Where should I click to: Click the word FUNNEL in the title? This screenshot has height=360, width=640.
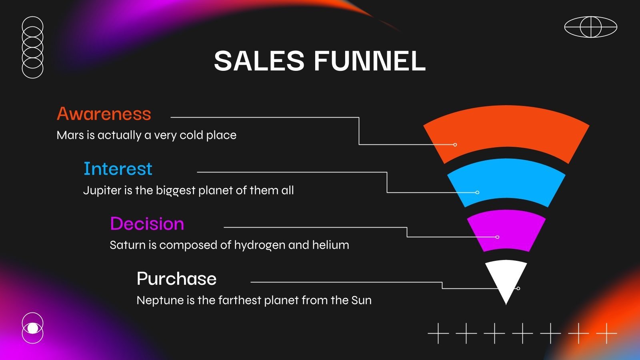[370, 61]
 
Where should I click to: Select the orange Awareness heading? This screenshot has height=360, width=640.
[104, 114]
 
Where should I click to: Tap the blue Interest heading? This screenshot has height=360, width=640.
[118, 169]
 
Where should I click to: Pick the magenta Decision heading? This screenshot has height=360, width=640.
[147, 224]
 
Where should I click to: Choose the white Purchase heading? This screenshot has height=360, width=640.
[176, 279]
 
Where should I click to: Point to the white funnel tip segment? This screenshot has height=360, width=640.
[506, 278]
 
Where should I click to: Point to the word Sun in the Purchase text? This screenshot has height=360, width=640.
[361, 300]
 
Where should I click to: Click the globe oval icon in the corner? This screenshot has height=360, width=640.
[590, 27]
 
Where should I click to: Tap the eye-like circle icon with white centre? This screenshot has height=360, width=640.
[33, 328]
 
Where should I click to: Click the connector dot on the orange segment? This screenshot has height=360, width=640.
[455, 145]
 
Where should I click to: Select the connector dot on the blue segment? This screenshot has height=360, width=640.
[477, 192]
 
